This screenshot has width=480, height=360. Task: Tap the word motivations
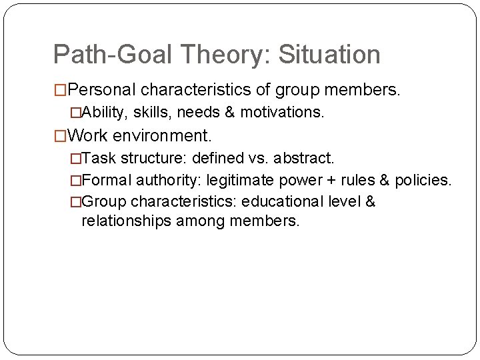pyautogui.click(x=284, y=113)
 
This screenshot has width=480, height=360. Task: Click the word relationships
pyautogui.click(x=126, y=220)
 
